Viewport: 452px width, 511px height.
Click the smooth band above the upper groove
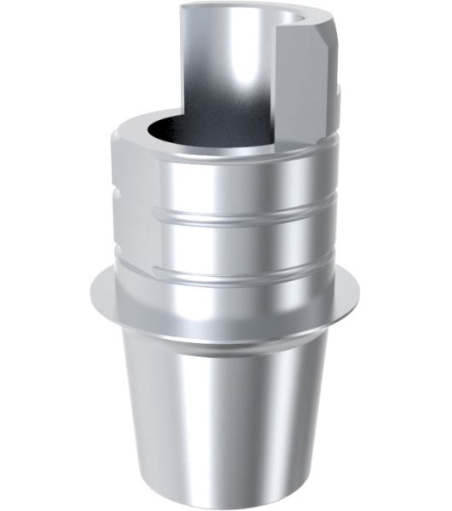[226, 179]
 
